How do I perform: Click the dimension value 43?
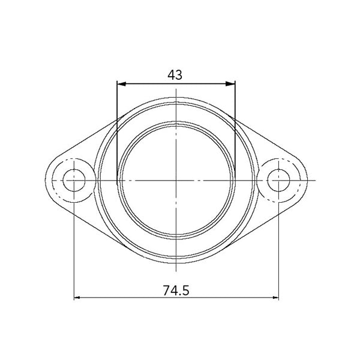pos(175,75)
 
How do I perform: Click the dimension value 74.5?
pos(175,290)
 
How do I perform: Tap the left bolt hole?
pos(73,179)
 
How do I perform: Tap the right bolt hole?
pos(278,179)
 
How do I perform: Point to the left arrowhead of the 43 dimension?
pos(119,83)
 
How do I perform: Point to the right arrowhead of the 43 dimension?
pos(232,83)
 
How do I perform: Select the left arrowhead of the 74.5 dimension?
pos(77,298)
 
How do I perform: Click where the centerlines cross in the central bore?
pos(176,179)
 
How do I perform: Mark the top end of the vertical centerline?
pos(176,90)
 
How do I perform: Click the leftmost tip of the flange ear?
pos(46,179)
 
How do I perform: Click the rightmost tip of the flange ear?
pos(306,179)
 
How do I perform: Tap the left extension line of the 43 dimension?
pos(116,132)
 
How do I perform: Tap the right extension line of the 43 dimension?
pos(235,132)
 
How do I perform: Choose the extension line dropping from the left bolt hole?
pos(73,252)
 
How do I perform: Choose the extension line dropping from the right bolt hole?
pos(278,252)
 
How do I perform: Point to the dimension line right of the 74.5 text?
pos(234,298)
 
